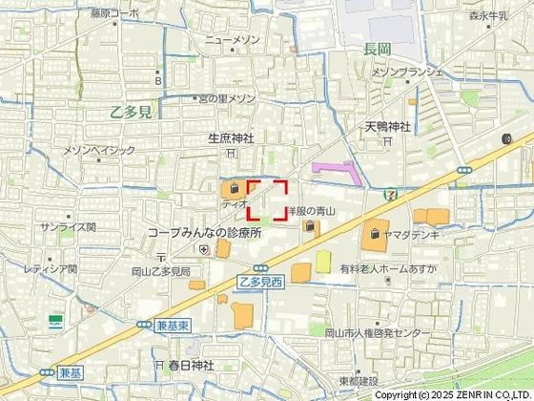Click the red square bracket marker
267,200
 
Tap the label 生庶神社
231,138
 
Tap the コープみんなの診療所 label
204,233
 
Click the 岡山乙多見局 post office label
160,272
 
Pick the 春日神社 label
189,365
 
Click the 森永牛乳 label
492,15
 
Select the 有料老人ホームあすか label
387,270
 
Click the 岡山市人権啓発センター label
377,332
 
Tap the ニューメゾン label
233,40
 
